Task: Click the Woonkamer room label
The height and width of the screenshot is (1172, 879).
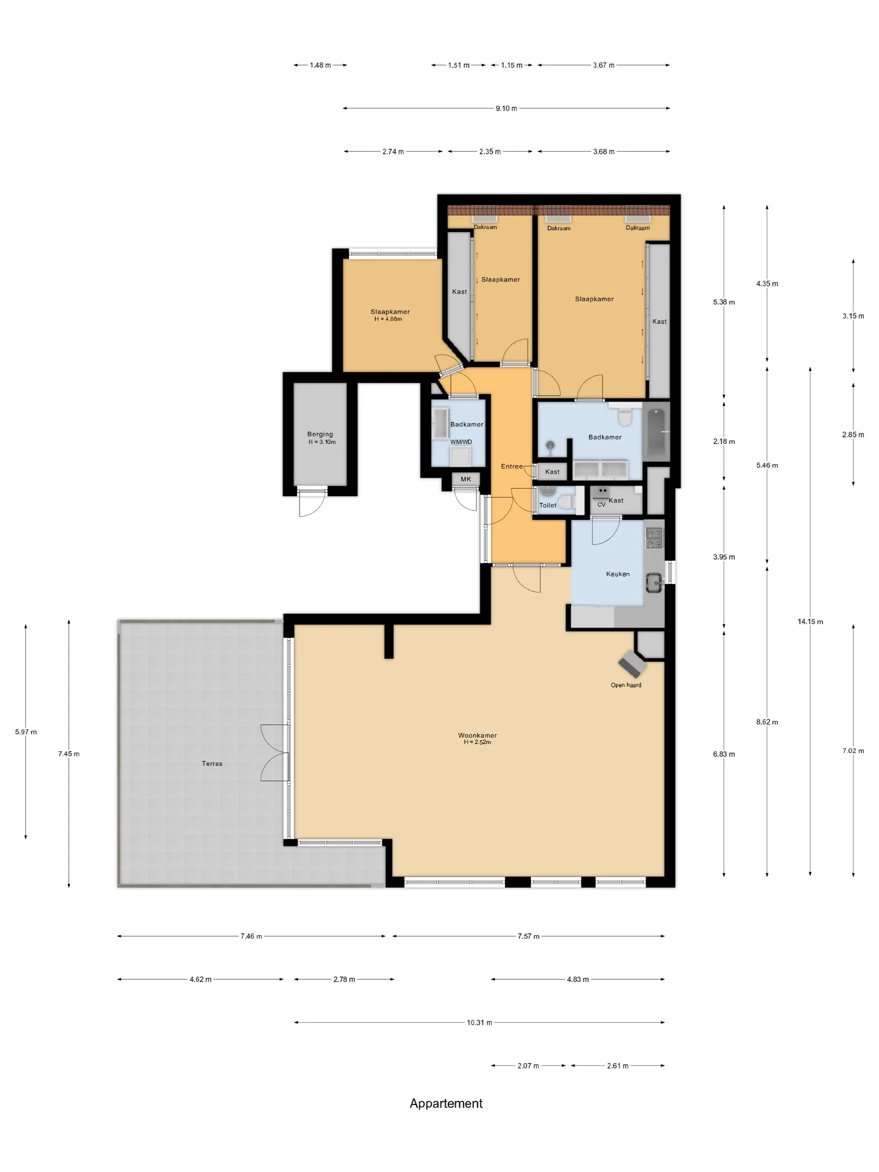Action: click(477, 735)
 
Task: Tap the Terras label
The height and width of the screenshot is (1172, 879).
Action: click(212, 763)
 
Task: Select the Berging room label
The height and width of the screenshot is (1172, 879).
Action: click(320, 434)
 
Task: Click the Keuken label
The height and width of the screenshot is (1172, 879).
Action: click(617, 574)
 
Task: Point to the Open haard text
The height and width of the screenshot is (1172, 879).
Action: click(626, 685)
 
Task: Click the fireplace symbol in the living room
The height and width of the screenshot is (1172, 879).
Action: click(632, 663)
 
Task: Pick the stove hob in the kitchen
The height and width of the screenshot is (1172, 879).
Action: click(654, 538)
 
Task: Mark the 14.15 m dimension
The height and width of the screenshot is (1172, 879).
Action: click(810, 622)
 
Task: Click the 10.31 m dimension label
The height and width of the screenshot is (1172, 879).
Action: click(479, 1023)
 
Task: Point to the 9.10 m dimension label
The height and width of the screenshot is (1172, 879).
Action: click(506, 108)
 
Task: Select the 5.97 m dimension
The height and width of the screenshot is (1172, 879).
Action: click(26, 732)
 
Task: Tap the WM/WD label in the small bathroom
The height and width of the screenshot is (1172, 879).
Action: click(461, 442)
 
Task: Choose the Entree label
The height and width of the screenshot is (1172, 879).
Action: click(512, 466)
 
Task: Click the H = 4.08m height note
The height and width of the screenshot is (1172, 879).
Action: click(388, 319)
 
